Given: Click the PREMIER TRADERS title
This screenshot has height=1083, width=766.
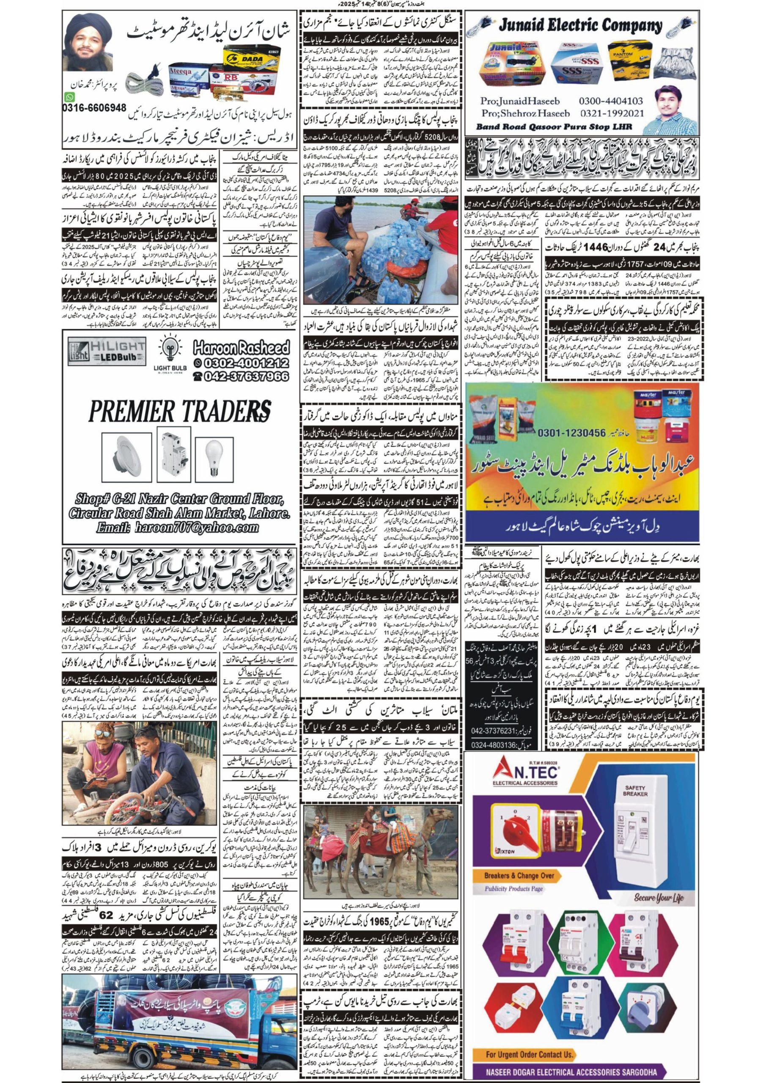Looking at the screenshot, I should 180,411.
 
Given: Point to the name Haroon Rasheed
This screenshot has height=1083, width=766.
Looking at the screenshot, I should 241,349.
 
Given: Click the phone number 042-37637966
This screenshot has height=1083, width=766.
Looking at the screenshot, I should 241,376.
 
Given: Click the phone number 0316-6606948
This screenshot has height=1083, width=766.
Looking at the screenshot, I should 94,108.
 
